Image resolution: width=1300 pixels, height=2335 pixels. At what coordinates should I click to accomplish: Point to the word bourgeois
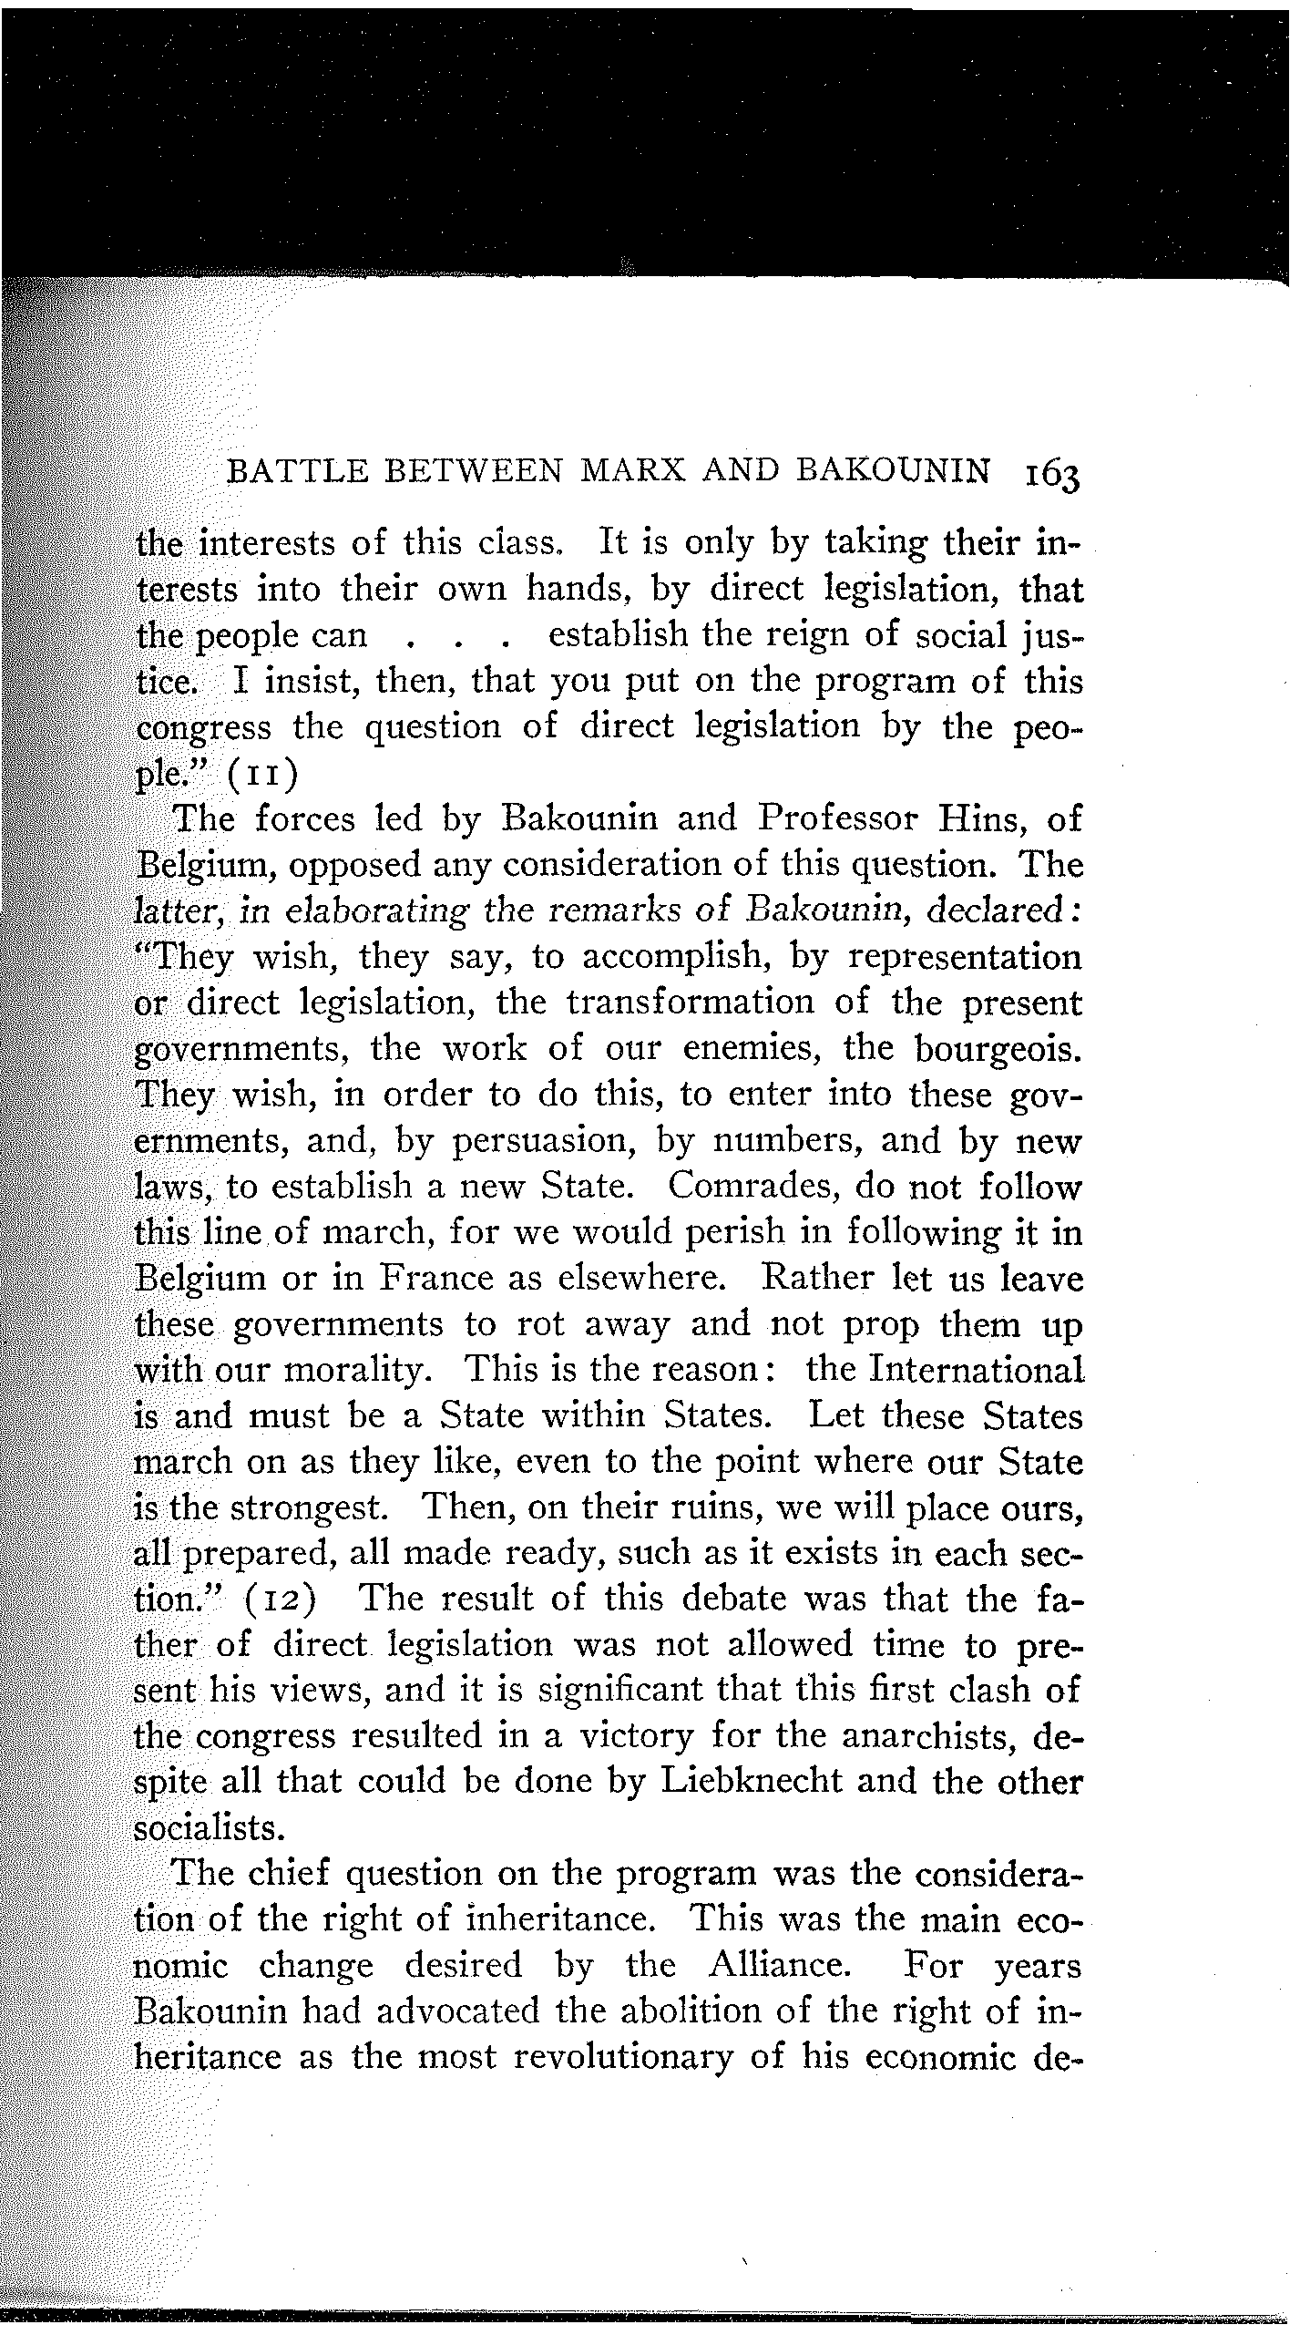pos(998,1048)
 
